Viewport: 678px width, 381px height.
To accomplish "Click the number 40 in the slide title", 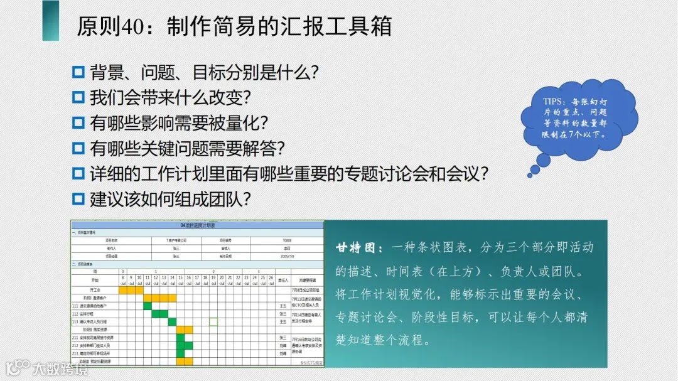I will pyautogui.click(x=137, y=26).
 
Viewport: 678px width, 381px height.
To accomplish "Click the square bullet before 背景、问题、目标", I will pyautogui.click(x=78, y=72).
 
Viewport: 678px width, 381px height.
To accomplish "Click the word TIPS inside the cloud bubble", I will pyautogui.click(x=554, y=102).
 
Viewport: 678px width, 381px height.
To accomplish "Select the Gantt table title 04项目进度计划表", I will pyautogui.click(x=197, y=225).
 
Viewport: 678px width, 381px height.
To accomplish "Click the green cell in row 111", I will pyautogui.click(x=148, y=306).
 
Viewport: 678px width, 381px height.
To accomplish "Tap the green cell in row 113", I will pyautogui.click(x=172, y=321).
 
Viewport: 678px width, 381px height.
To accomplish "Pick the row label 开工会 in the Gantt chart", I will pyautogui.click(x=95, y=290).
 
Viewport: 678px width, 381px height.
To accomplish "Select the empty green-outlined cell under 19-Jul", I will pyautogui.click(x=213, y=321).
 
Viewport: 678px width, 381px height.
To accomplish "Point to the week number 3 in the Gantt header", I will pyautogui.click(x=258, y=271).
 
